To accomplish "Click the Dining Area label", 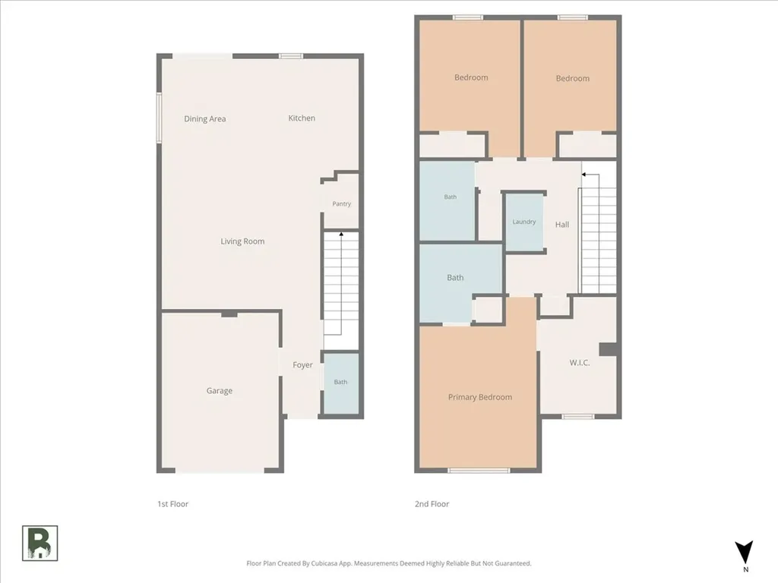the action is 205,119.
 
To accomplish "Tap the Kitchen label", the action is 302,118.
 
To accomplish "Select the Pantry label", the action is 341,203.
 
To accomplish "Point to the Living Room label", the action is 242,241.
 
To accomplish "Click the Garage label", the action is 220,391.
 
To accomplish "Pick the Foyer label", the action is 302,365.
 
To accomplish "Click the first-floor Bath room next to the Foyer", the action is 341,383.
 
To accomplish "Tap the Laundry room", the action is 524,222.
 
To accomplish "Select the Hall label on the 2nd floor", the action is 562,225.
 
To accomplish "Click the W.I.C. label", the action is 580,363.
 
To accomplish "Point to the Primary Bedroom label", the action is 480,397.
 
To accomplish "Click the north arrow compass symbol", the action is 745,553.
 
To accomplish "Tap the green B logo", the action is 40,544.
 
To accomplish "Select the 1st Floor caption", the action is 172,504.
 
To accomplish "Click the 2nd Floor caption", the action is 432,504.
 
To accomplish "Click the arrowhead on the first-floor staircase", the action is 341,234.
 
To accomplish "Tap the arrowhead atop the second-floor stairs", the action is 584,175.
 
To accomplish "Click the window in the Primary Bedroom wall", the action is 479,470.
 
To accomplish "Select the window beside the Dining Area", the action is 160,118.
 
